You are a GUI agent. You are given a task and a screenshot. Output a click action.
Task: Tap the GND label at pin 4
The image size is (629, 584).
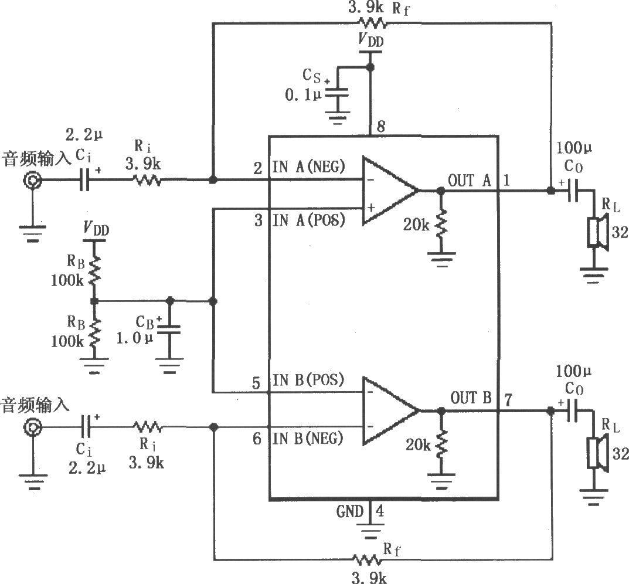[350, 511]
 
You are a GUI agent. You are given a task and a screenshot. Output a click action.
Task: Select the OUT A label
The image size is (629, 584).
[470, 181]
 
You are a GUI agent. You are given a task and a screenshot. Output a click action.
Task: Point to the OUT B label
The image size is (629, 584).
[471, 399]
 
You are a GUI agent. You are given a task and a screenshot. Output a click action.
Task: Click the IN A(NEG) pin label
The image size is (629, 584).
[308, 168]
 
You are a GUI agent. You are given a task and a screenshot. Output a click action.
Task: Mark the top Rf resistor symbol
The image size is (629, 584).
[372, 23]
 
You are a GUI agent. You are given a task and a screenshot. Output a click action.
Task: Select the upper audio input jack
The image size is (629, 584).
[32, 181]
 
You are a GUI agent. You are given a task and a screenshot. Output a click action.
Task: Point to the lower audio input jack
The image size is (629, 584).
[32, 429]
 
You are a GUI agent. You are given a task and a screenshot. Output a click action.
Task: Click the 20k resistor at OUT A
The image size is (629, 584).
[441, 223]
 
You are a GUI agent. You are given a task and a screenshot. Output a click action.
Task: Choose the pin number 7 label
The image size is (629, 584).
[508, 400]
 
